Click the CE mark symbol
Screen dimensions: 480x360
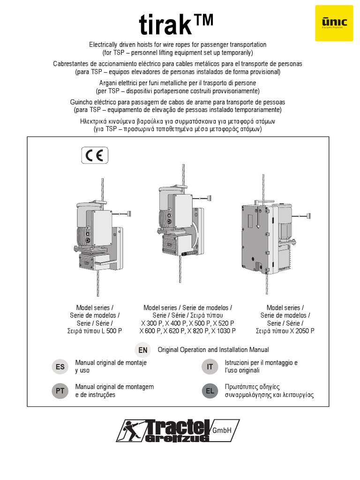click(95, 155)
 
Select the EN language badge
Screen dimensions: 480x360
click(143, 350)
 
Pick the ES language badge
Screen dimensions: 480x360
click(60, 367)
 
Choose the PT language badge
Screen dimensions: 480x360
click(60, 390)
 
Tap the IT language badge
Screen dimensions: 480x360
click(210, 367)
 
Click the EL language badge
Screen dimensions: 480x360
click(210, 390)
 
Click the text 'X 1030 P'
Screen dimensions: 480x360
click(224, 331)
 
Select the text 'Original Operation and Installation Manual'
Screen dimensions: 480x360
click(213, 350)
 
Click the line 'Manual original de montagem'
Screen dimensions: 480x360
click(114, 387)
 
